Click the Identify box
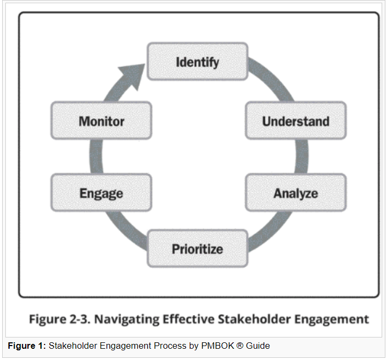[197, 62]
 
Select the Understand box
[295, 121]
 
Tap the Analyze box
[295, 193]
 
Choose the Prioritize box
[197, 249]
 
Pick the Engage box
[101, 193]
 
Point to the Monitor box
[101, 121]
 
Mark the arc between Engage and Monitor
[96, 156]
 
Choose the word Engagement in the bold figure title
[332, 320]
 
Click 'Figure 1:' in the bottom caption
[26, 346]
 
